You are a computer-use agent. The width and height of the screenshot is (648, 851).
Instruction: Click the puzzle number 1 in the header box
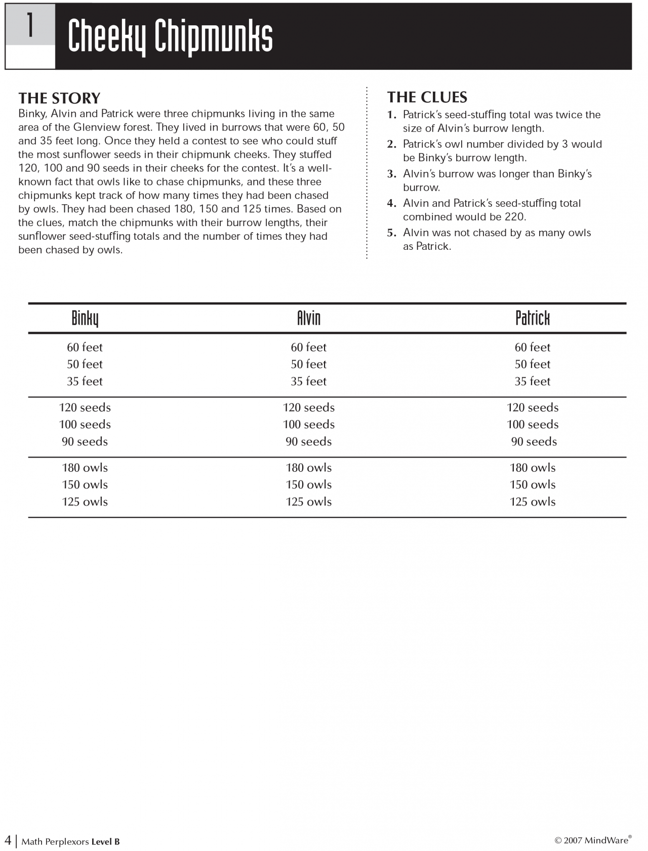pyautogui.click(x=30, y=25)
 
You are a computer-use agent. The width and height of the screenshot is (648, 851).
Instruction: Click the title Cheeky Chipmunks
pyautogui.click(x=170, y=36)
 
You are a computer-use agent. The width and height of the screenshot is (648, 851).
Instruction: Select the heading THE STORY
pyautogui.click(x=59, y=98)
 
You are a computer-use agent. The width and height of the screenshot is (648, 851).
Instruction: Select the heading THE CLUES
pyautogui.click(x=427, y=97)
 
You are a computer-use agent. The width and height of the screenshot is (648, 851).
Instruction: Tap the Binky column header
pyautogui.click(x=85, y=319)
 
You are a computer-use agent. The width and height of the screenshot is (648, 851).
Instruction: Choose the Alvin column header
pyautogui.click(x=309, y=319)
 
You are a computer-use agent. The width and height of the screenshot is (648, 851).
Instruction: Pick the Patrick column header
pyautogui.click(x=532, y=319)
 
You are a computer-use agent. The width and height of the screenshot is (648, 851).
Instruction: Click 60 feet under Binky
pyautogui.click(x=85, y=347)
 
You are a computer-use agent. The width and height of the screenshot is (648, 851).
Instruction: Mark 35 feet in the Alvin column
pyautogui.click(x=308, y=381)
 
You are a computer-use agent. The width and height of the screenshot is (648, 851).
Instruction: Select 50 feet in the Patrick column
pyautogui.click(x=532, y=364)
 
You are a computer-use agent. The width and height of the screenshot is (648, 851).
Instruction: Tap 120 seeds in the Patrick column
pyautogui.click(x=533, y=408)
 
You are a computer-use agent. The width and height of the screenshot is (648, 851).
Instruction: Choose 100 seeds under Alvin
pyautogui.click(x=308, y=425)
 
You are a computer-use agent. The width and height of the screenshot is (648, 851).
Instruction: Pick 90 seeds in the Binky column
pyautogui.click(x=85, y=442)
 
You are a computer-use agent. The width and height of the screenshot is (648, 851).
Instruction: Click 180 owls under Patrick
pyautogui.click(x=533, y=468)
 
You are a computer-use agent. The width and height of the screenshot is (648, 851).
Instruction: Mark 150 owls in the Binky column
pyautogui.click(x=85, y=485)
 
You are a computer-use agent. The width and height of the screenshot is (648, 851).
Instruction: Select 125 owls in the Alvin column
pyautogui.click(x=308, y=502)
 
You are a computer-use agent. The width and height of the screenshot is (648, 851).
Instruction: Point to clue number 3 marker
pyautogui.click(x=391, y=174)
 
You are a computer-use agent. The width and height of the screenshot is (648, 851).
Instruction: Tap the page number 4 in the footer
pyautogui.click(x=8, y=840)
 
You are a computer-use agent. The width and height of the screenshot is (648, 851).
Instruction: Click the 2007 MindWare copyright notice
pyautogui.click(x=593, y=840)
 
